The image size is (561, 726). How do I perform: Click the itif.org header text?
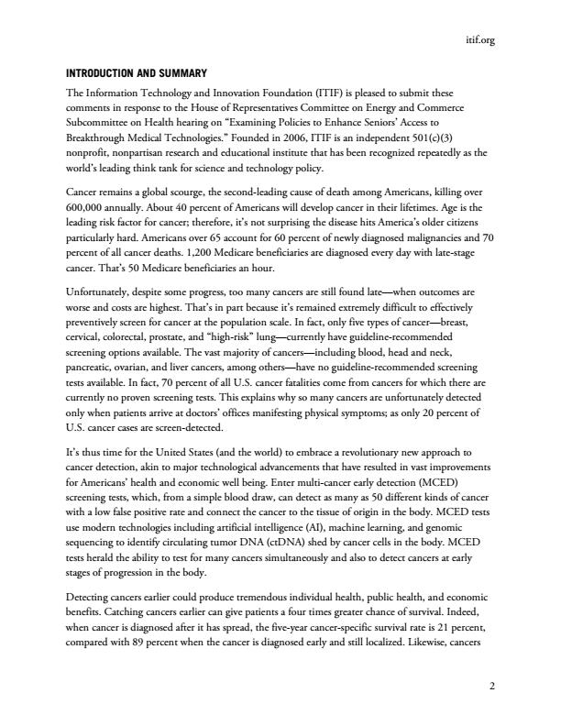tap(479, 39)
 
